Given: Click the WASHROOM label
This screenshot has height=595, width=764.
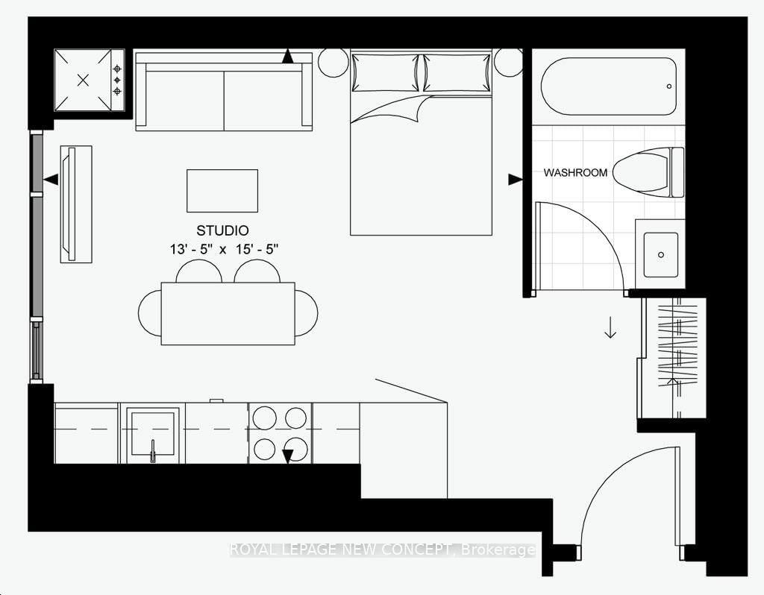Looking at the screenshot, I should (574, 173).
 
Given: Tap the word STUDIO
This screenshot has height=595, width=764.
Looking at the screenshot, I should (222, 230).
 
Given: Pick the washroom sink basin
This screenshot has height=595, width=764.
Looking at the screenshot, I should (660, 254).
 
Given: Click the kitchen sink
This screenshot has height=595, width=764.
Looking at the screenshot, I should (152, 433).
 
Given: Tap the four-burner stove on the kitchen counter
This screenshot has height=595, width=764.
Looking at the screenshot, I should (281, 433).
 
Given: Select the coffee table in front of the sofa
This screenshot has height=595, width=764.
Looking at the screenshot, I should (222, 191).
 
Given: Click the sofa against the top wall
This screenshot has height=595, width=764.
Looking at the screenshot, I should (224, 91).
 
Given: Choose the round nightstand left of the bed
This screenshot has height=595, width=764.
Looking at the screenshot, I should (334, 63).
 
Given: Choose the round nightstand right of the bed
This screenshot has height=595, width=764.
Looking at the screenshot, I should (508, 63).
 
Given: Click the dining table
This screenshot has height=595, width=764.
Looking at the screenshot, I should (228, 313).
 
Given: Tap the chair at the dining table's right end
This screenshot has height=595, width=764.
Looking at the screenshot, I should (307, 313).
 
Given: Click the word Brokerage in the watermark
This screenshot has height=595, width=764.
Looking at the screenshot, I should (498, 550).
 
